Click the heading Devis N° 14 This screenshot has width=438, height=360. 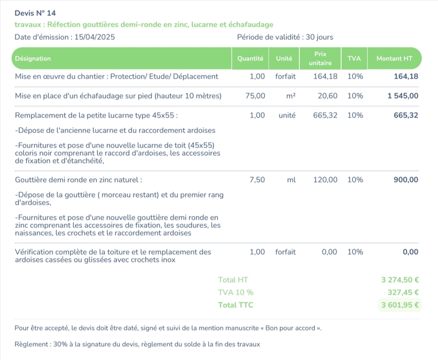click(x=35, y=13)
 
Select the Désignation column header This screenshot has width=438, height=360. click(x=33, y=59)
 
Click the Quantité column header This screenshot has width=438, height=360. click(x=250, y=59)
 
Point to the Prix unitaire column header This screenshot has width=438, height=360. click(x=320, y=59)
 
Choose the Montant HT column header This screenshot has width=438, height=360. click(x=394, y=59)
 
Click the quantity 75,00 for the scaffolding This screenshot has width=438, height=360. click(x=256, y=96)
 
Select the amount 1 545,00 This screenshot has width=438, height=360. click(x=403, y=96)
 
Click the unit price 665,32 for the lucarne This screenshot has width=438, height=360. click(x=325, y=116)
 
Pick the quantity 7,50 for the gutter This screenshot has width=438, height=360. click(x=257, y=180)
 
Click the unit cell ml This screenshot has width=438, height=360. click(x=291, y=180)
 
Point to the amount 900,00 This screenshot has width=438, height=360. click(x=406, y=180)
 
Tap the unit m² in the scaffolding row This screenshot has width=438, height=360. click(x=291, y=96)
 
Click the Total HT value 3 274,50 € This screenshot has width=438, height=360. click(x=400, y=280)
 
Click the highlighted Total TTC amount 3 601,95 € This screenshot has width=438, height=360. click(x=400, y=305)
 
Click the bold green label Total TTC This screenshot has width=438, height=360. click(x=236, y=305)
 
